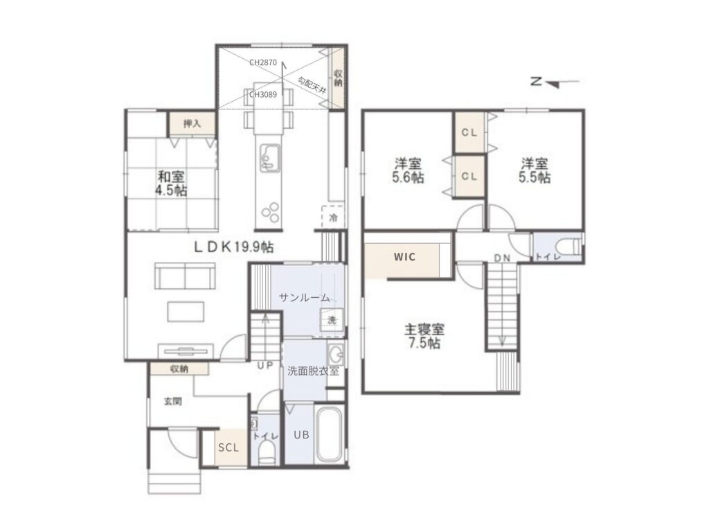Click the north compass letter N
click(x=537, y=82)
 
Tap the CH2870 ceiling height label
click(x=262, y=63)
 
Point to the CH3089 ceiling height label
click(x=262, y=95)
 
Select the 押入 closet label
click(x=192, y=123)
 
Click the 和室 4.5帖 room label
click(x=171, y=183)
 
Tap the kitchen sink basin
click(x=269, y=159)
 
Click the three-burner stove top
click(x=270, y=213)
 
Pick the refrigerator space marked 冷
click(x=333, y=217)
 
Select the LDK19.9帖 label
click(x=234, y=247)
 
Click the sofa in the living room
click(x=185, y=276)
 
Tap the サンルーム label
click(x=304, y=297)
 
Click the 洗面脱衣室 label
click(x=314, y=371)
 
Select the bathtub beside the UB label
click(x=329, y=435)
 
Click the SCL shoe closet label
click(x=228, y=448)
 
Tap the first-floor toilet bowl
click(x=267, y=453)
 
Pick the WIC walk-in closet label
click(x=404, y=257)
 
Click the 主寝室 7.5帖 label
click(x=424, y=336)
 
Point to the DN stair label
click(x=502, y=258)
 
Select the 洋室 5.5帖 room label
click(x=535, y=170)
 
